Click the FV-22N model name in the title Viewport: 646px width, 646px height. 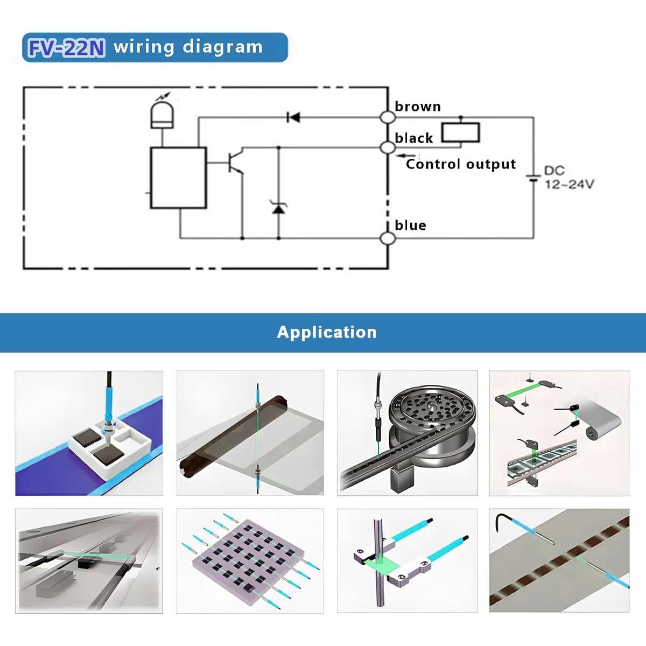[66, 47]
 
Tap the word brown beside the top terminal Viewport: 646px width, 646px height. [417, 107]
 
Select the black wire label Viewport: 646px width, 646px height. [413, 138]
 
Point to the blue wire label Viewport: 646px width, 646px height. [410, 225]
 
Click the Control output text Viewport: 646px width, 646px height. [461, 164]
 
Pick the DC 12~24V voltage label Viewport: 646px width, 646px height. [568, 178]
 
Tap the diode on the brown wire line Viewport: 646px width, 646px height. [293, 117]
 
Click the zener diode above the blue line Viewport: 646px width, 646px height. [278, 207]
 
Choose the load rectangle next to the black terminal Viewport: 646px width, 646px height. [460, 132]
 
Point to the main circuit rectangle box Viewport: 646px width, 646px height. [178, 178]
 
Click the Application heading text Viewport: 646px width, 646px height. [326, 332]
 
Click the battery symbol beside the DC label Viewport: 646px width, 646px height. [533, 178]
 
